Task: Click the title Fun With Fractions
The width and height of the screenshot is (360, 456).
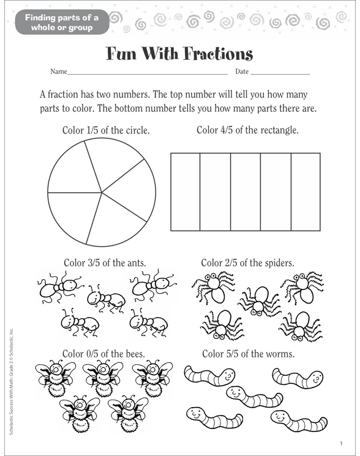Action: click(179, 54)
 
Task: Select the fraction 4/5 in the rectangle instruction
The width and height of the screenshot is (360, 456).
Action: click(234, 130)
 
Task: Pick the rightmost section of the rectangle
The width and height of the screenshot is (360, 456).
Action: click(305, 192)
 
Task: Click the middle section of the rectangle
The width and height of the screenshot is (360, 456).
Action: click(245, 192)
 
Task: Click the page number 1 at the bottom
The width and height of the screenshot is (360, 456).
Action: click(341, 444)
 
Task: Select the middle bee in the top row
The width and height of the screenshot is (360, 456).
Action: click(102, 376)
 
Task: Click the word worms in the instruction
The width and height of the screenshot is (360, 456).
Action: click(281, 354)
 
